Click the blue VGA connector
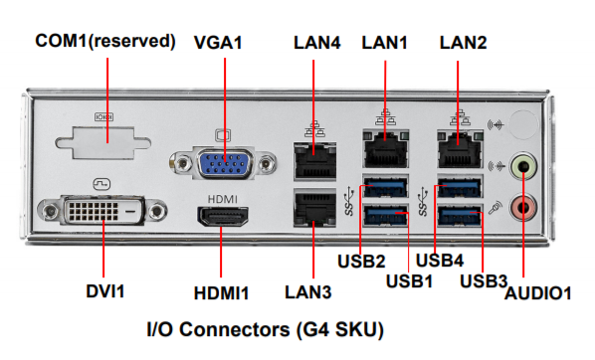click(224, 163)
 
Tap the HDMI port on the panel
click(222, 216)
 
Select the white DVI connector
click(102, 210)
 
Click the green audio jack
click(523, 166)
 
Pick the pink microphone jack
click(523, 207)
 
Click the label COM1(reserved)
click(105, 41)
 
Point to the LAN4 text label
click(316, 43)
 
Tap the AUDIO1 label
click(537, 293)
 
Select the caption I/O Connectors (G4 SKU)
click(266, 329)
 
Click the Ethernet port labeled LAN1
click(385, 149)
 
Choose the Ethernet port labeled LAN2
click(460, 149)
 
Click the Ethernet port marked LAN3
click(314, 208)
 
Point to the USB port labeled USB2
click(385, 187)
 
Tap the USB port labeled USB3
click(460, 215)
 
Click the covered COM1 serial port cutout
click(103, 142)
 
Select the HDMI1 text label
click(221, 293)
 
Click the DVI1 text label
click(105, 291)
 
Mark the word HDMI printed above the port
click(222, 199)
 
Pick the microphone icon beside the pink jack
click(496, 208)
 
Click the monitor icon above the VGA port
click(223, 135)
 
